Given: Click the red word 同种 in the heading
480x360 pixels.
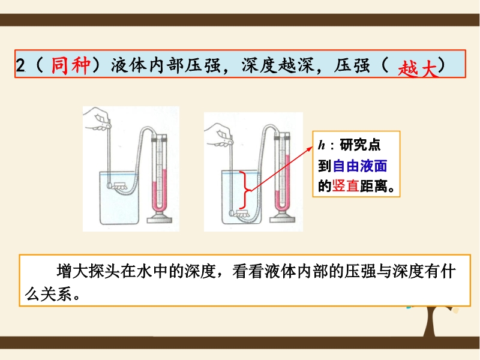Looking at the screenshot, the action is pyautogui.click(x=71, y=65).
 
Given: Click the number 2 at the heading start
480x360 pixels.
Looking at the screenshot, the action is pyautogui.click(x=20, y=65).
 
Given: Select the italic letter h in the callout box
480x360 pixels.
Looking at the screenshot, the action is pyautogui.click(x=322, y=145).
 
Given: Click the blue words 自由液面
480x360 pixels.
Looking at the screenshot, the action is pyautogui.click(x=360, y=166).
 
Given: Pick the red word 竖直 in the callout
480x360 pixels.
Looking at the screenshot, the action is pyautogui.click(x=346, y=186).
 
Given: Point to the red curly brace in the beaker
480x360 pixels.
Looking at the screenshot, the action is pyautogui.click(x=245, y=190).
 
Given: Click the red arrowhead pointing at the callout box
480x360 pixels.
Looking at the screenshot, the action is pyautogui.click(x=310, y=148).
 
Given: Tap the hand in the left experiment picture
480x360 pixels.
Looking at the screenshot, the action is pyautogui.click(x=97, y=119).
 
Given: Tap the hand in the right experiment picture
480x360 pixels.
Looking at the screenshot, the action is pyautogui.click(x=218, y=135).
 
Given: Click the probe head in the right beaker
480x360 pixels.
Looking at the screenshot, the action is pyautogui.click(x=232, y=212).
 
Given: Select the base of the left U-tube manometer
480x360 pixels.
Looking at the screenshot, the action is pyautogui.click(x=159, y=218).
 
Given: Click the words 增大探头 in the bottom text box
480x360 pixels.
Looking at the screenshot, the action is pyautogui.click(x=88, y=271).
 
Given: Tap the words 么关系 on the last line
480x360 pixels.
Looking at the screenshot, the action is pyautogui.click(x=49, y=294).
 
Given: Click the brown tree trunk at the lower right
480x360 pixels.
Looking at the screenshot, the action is pyautogui.click(x=430, y=322).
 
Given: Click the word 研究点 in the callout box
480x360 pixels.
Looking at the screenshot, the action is pyautogui.click(x=360, y=145).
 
